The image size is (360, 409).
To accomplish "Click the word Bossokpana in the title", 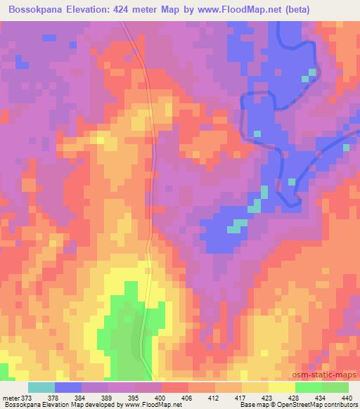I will click(35, 9).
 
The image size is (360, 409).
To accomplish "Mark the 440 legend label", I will click(347, 397).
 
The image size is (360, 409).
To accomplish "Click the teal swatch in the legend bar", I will click(41, 387).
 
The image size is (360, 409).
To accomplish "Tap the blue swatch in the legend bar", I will click(68, 387).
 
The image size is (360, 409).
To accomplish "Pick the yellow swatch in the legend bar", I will click(281, 387).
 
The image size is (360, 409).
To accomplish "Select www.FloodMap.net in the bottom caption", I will click(149, 405).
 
